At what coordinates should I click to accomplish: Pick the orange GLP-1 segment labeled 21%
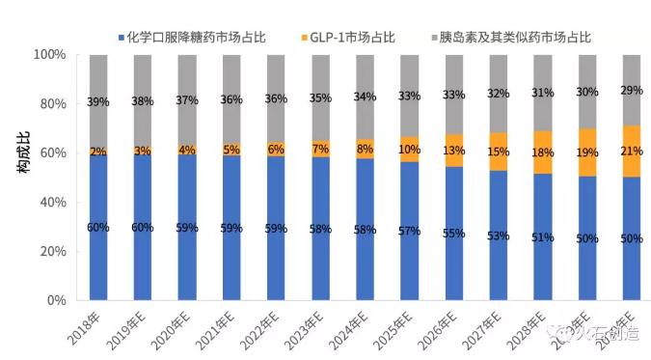click(632, 152)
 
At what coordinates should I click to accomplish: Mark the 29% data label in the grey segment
click(632, 89)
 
